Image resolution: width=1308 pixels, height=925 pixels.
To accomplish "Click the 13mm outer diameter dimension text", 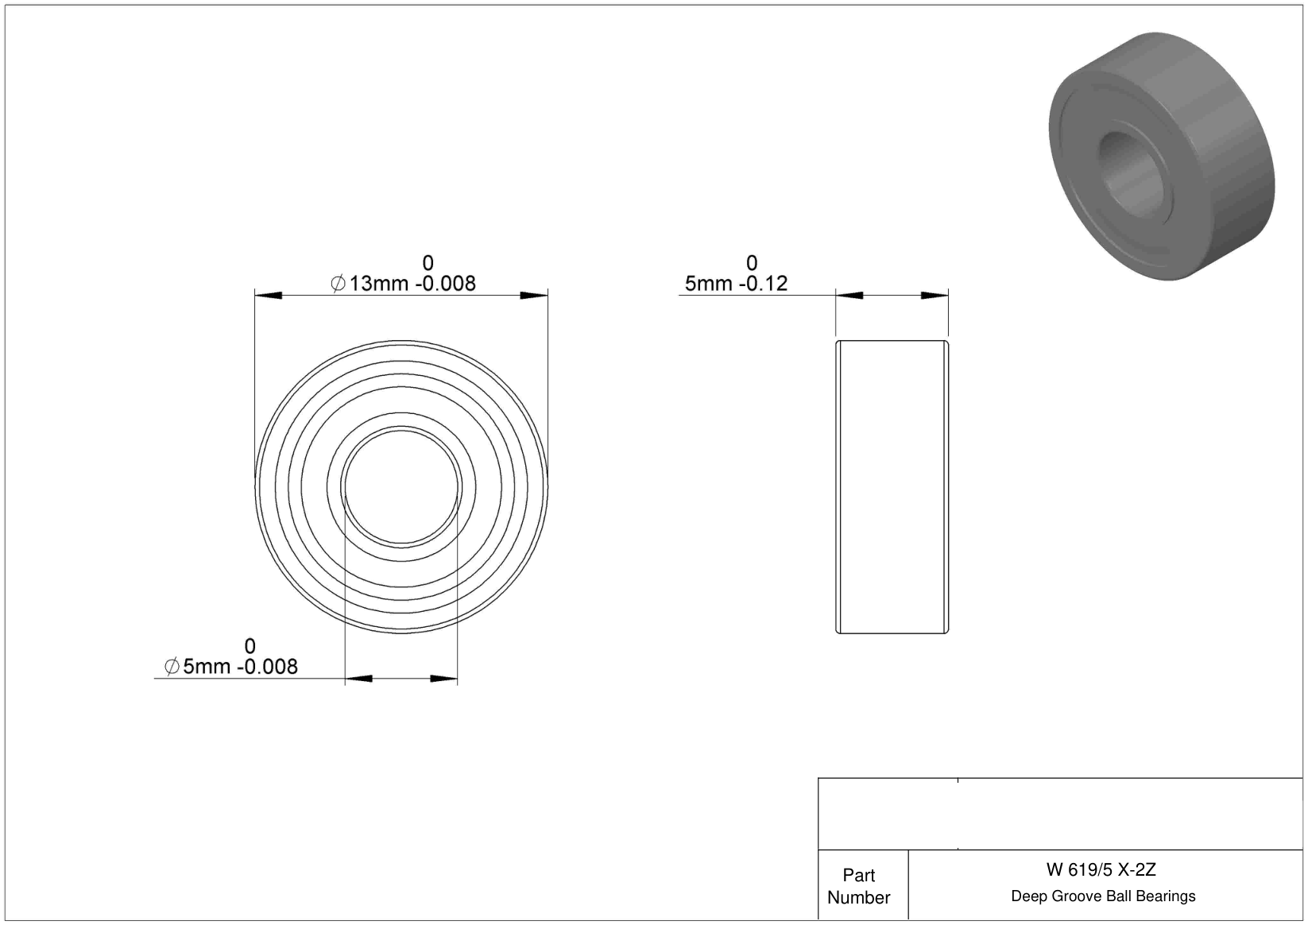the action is click(x=403, y=283).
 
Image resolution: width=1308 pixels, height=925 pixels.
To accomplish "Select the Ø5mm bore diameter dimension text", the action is click(x=231, y=666).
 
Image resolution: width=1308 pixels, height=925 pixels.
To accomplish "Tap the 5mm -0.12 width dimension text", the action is click(x=736, y=283).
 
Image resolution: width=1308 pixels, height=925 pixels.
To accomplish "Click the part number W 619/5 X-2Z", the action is click(x=1101, y=869).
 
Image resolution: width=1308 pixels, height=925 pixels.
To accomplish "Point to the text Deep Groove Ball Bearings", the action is click(x=1103, y=896).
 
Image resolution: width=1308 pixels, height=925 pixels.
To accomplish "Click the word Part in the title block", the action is click(x=858, y=875).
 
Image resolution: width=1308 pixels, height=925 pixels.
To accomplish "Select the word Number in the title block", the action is click(x=858, y=897).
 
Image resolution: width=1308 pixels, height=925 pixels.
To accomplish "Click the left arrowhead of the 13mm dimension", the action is click(x=268, y=296).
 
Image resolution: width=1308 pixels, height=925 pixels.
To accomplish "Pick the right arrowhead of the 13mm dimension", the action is click(x=534, y=296).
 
